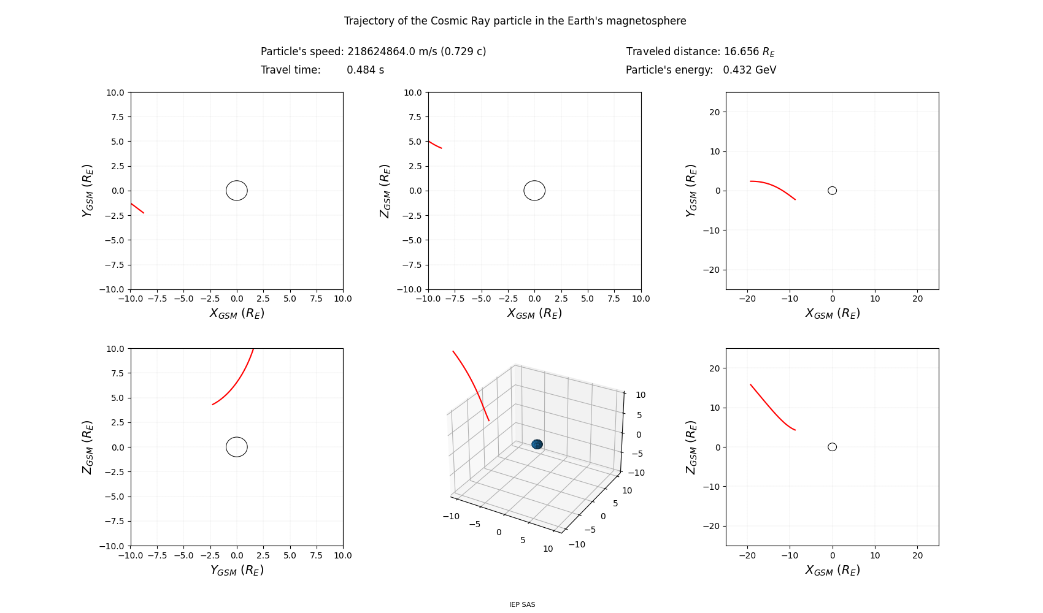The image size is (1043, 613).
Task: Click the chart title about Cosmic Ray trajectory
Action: [515, 21]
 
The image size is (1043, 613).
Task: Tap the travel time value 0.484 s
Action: [366, 70]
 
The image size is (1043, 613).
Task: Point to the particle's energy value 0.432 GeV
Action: [750, 70]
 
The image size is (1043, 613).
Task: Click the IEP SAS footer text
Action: [522, 604]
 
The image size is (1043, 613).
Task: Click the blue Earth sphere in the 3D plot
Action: [537, 444]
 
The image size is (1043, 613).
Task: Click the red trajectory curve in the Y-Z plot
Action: [237, 383]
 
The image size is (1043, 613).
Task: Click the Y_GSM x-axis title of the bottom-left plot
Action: [237, 570]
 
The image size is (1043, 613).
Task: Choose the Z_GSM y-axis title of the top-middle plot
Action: [385, 191]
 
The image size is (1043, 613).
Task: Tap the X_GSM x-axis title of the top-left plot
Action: [237, 313]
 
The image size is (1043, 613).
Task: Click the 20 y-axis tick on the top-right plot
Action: [715, 112]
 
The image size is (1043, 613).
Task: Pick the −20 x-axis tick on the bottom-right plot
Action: [747, 555]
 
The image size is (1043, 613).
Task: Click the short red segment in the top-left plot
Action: [137, 208]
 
